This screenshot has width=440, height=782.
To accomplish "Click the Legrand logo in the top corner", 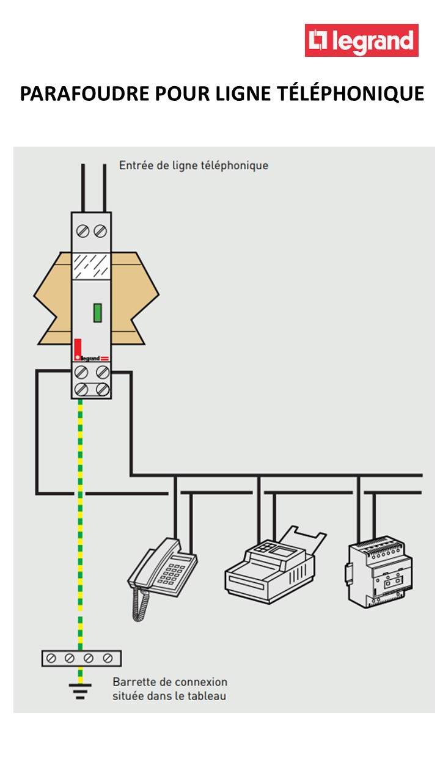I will [x=361, y=40].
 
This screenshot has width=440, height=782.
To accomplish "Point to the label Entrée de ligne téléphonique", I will [x=193, y=166].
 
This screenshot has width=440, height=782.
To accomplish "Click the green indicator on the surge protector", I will [x=97, y=312].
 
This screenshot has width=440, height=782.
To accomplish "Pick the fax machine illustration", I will [x=275, y=562].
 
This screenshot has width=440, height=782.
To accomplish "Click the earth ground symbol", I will [x=80, y=689].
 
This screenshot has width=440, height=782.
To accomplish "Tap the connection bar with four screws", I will [x=81, y=658].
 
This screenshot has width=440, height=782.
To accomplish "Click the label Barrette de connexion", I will [x=170, y=682].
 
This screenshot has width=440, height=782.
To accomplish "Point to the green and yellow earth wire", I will [x=80, y=519].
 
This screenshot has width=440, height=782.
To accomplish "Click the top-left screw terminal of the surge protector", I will [x=84, y=232].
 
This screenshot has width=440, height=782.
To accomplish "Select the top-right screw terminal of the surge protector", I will [x=100, y=232].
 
